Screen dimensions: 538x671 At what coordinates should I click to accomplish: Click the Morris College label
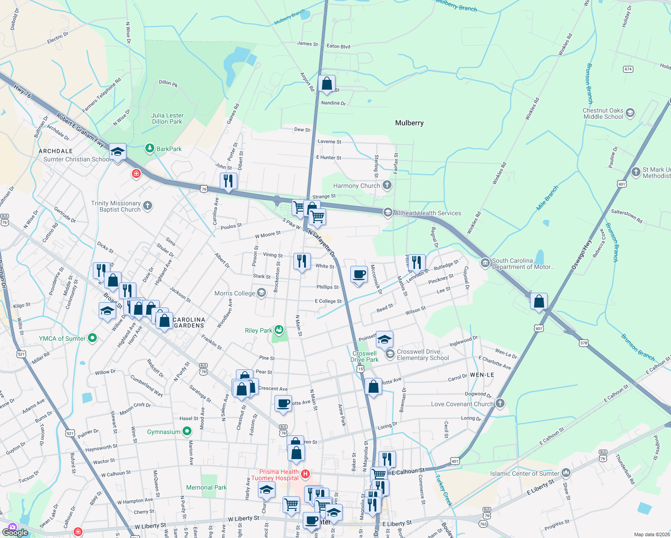(x=235, y=293)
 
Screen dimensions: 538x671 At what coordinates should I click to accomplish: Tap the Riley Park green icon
(x=279, y=330)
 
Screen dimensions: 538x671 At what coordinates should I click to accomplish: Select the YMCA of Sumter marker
(x=92, y=338)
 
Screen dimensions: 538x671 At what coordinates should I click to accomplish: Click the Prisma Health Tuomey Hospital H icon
(x=305, y=474)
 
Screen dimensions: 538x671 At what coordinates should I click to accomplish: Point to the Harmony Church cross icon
(x=387, y=185)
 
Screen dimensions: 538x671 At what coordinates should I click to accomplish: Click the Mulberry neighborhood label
(x=409, y=123)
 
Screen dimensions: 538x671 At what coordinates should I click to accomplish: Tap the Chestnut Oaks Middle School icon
(x=630, y=113)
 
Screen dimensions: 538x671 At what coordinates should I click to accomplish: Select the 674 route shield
(x=628, y=69)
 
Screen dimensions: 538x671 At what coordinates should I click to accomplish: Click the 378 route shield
(x=583, y=343)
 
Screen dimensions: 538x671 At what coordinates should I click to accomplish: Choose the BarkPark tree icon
(x=150, y=148)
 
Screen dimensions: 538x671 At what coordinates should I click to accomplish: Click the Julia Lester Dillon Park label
(x=167, y=118)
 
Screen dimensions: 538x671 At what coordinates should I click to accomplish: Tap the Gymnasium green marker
(x=187, y=432)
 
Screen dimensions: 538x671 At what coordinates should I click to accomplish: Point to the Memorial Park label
(x=206, y=487)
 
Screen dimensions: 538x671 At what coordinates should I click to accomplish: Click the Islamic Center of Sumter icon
(x=566, y=473)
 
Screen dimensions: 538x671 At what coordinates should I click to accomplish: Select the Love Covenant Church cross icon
(x=500, y=403)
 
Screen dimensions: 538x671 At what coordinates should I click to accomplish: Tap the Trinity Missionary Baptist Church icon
(x=148, y=206)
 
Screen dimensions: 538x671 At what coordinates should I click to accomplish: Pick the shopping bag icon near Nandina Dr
(x=327, y=83)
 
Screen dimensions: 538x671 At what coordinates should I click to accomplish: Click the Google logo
(x=15, y=532)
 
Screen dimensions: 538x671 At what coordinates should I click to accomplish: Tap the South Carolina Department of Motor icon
(x=485, y=263)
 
